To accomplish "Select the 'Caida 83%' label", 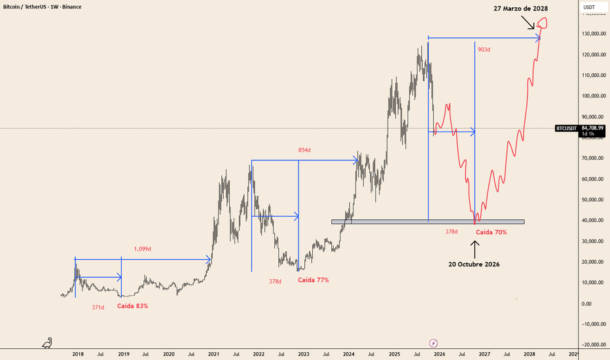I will (133, 306).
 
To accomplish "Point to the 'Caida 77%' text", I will (313, 280).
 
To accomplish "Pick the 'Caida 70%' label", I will (491, 232).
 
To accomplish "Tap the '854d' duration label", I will (304, 151).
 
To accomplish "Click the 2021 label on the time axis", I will (213, 354).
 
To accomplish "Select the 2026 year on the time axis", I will (439, 354).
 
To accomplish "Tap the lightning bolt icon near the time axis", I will (433, 342).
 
